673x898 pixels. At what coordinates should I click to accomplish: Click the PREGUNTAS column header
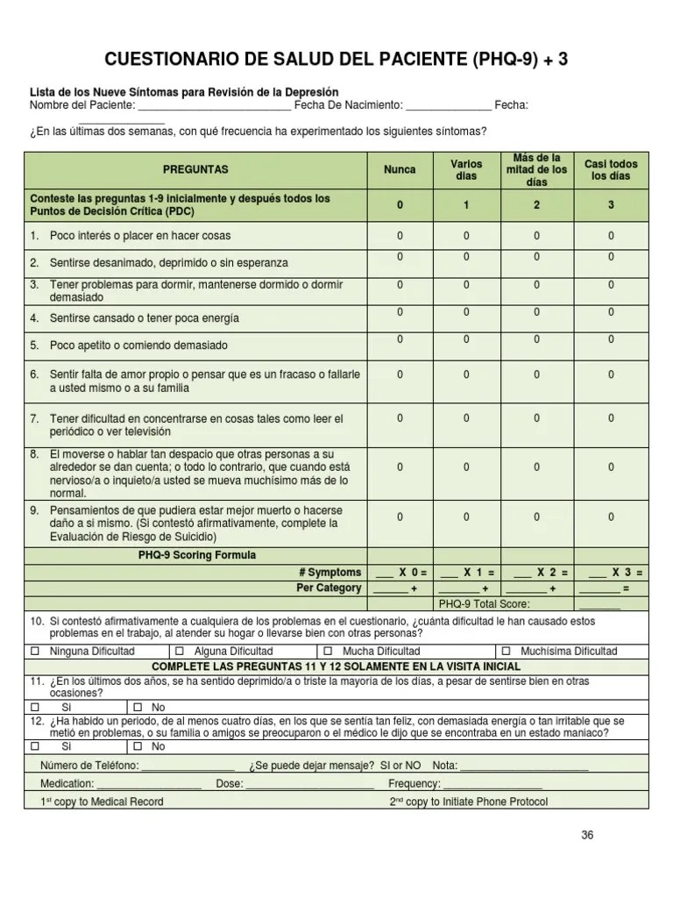tap(195, 169)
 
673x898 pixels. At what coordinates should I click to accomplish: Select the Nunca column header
tap(400, 169)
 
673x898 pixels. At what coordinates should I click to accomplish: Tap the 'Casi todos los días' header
tap(611, 169)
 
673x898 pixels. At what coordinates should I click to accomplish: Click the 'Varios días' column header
tap(466, 169)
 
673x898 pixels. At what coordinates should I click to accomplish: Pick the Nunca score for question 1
tap(400, 236)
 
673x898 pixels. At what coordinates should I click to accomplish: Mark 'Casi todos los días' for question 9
tap(611, 517)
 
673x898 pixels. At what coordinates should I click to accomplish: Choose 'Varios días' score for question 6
tap(466, 374)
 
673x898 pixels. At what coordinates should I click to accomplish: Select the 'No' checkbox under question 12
tap(138, 747)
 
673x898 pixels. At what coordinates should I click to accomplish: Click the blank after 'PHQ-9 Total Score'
tap(599, 605)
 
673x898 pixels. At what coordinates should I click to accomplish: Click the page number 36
tap(587, 836)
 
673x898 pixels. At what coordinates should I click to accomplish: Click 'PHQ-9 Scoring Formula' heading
tap(197, 555)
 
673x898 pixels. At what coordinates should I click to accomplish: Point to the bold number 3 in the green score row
tap(611, 205)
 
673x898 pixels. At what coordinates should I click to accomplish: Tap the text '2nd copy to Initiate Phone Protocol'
tap(469, 802)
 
